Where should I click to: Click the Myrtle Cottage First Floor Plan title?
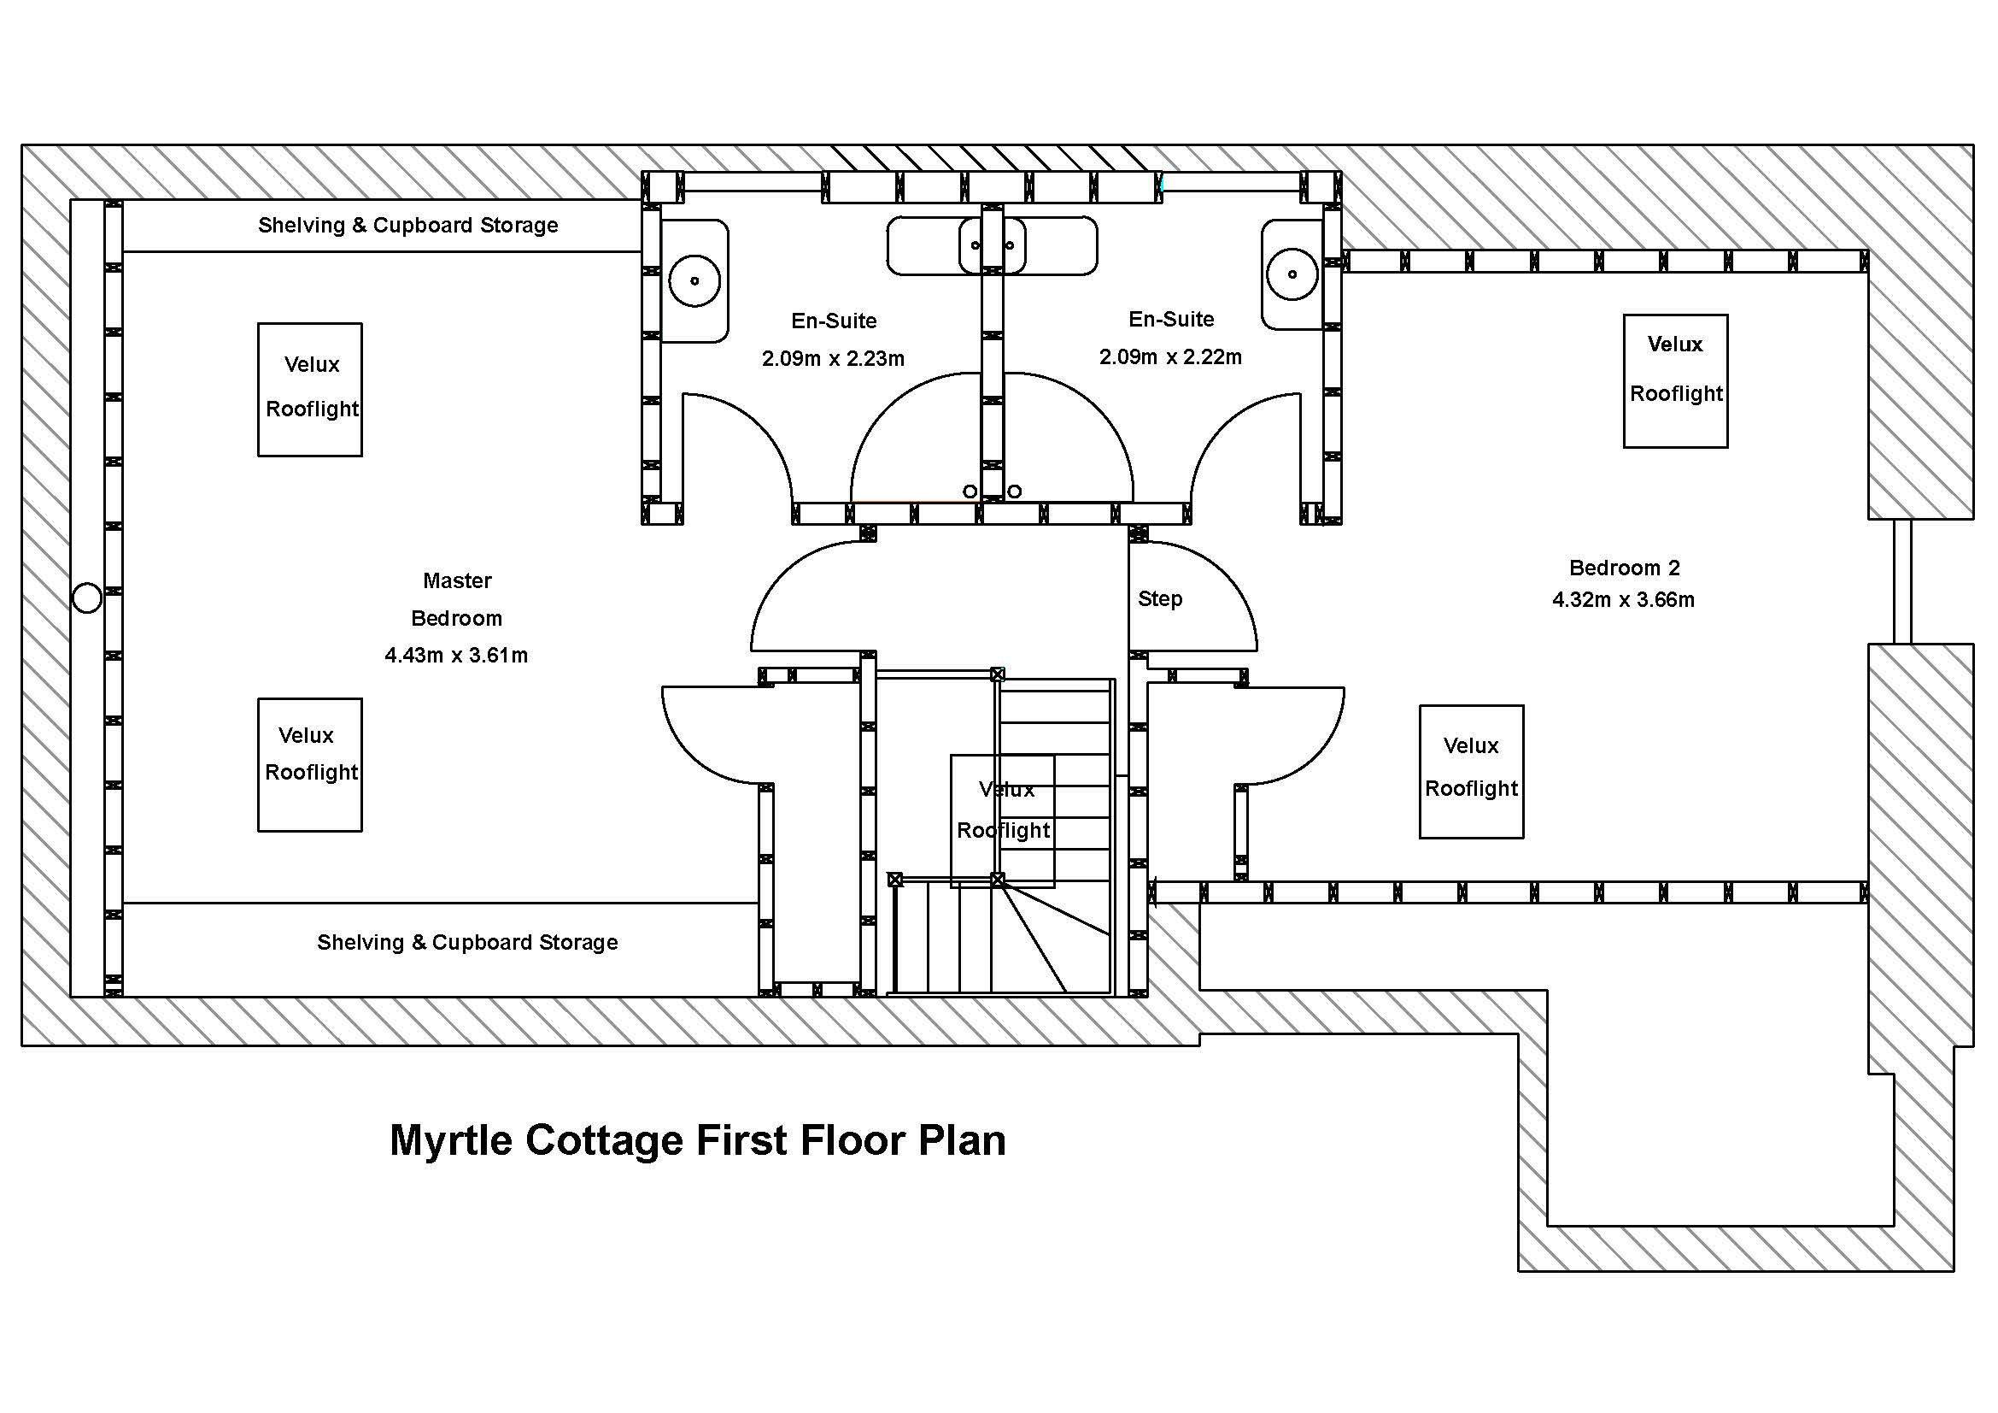(x=697, y=1140)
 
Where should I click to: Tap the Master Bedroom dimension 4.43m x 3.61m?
(x=456, y=656)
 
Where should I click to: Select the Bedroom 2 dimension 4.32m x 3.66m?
(x=1623, y=600)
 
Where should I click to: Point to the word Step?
(x=1160, y=599)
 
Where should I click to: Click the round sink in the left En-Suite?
(x=694, y=280)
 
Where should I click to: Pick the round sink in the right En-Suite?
(x=1292, y=274)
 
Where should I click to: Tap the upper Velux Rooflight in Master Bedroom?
(x=310, y=389)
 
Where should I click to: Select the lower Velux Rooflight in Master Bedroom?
(x=310, y=764)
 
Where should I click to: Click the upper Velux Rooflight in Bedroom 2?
(x=1675, y=381)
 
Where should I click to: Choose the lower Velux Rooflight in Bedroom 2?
(x=1471, y=771)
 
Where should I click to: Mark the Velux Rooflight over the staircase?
(x=1003, y=820)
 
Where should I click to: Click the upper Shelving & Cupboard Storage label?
(x=408, y=226)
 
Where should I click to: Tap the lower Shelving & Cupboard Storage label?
(x=467, y=943)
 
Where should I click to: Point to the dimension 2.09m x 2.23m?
(x=833, y=359)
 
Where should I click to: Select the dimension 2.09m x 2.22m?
(x=1170, y=357)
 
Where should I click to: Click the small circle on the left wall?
(x=87, y=598)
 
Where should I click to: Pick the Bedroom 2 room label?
(x=1624, y=568)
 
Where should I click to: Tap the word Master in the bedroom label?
(x=457, y=580)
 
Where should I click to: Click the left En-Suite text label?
(x=834, y=321)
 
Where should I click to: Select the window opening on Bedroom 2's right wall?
(x=1902, y=580)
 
